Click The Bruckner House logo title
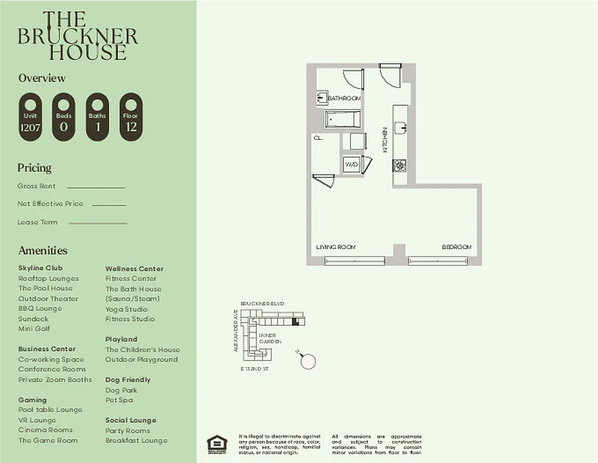pyautogui.click(x=77, y=36)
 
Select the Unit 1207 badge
pyautogui.click(x=30, y=117)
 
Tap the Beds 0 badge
pyautogui.click(x=64, y=117)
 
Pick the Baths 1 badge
pyautogui.click(x=97, y=117)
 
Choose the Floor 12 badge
pyautogui.click(x=131, y=117)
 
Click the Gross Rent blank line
pyautogui.click(x=96, y=188)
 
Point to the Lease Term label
pyautogui.click(x=37, y=222)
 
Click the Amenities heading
pyautogui.click(x=43, y=251)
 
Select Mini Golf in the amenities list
pyautogui.click(x=34, y=329)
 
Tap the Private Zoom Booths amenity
pyautogui.click(x=55, y=380)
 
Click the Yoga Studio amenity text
pyautogui.click(x=126, y=309)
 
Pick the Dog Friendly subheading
pyautogui.click(x=128, y=380)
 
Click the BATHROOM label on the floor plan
pyautogui.click(x=344, y=98)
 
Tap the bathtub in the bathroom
pyautogui.click(x=342, y=119)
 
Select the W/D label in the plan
pyautogui.click(x=350, y=165)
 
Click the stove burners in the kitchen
pyautogui.click(x=400, y=166)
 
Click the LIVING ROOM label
pyautogui.click(x=335, y=247)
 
